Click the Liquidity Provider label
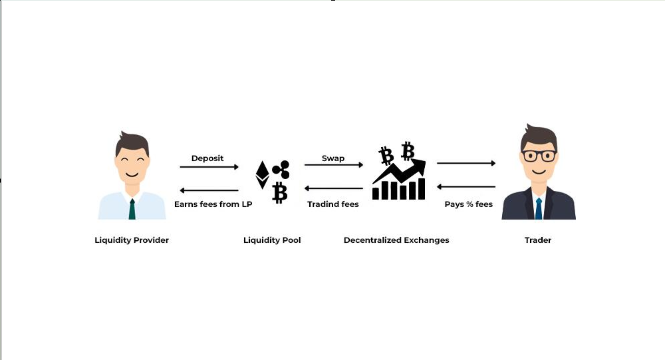click(132, 240)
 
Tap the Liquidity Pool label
click(272, 240)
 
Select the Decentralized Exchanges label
click(396, 240)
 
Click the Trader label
click(538, 240)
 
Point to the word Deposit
click(207, 158)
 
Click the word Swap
click(333, 158)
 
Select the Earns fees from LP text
click(213, 204)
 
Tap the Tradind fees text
click(333, 204)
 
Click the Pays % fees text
click(469, 204)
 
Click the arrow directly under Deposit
click(209, 167)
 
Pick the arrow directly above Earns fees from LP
click(209, 190)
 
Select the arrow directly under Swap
click(334, 165)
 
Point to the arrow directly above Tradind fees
click(334, 188)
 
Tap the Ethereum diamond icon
click(263, 175)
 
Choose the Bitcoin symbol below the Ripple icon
click(280, 192)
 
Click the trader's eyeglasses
click(539, 156)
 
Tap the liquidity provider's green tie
click(132, 209)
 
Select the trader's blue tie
click(539, 208)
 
